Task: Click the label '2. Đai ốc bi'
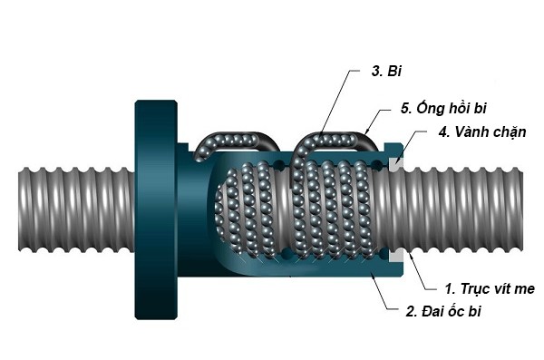pyautogui.click(x=442, y=314)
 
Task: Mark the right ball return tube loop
pyautogui.click(x=336, y=138)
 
